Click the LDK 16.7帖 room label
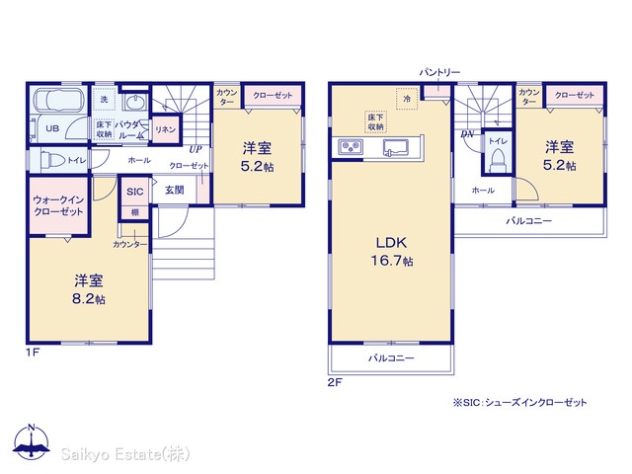(x=392, y=252)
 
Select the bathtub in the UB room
(x=58, y=99)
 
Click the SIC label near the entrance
(x=134, y=192)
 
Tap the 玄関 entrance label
(x=175, y=190)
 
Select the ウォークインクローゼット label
(x=58, y=205)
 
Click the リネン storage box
(x=165, y=129)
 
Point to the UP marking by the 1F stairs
(x=196, y=149)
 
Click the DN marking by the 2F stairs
(x=467, y=134)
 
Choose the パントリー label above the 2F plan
(x=439, y=72)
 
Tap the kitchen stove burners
(x=351, y=147)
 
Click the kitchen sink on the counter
(x=396, y=147)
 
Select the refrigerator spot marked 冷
(x=407, y=99)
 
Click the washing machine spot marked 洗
(x=104, y=99)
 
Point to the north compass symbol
(x=32, y=440)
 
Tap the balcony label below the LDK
(x=391, y=357)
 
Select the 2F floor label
(x=335, y=382)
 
